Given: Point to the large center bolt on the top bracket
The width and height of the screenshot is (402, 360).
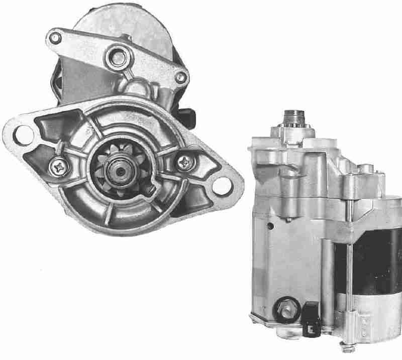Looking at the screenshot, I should click(119, 57).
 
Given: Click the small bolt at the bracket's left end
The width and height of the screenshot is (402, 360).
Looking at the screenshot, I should click(55, 37).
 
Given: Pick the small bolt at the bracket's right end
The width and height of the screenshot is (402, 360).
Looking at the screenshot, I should click(181, 77).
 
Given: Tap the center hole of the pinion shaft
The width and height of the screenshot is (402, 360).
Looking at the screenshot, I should click(122, 171).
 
